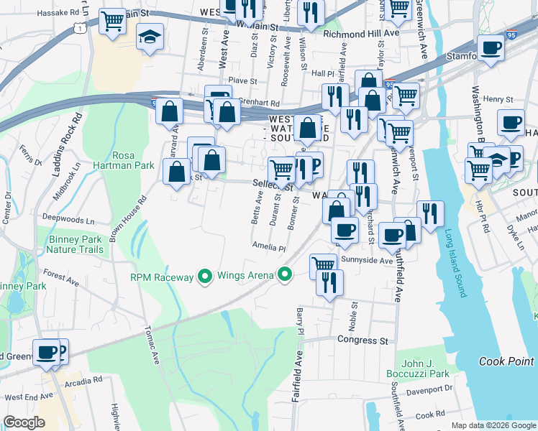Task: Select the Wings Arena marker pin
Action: (286, 274)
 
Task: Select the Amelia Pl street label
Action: (269, 248)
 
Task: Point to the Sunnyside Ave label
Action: (367, 260)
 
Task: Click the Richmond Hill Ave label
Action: (360, 34)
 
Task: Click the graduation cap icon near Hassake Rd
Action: (150, 39)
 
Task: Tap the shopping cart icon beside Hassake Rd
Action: (111, 23)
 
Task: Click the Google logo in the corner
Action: (24, 422)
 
